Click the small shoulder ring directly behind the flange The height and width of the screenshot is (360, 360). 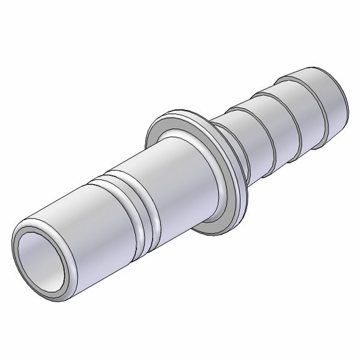click(238, 162)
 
